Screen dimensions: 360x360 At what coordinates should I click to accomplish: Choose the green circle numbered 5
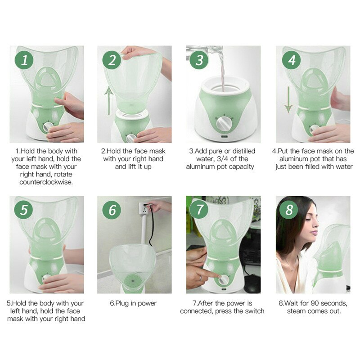tap(24, 210)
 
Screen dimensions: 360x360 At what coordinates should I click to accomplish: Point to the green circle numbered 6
tap(112, 210)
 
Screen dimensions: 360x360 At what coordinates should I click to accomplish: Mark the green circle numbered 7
tap(199, 210)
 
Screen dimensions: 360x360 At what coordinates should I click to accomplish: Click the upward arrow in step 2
tap(108, 100)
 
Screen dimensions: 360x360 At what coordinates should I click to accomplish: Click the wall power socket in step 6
tap(145, 208)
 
